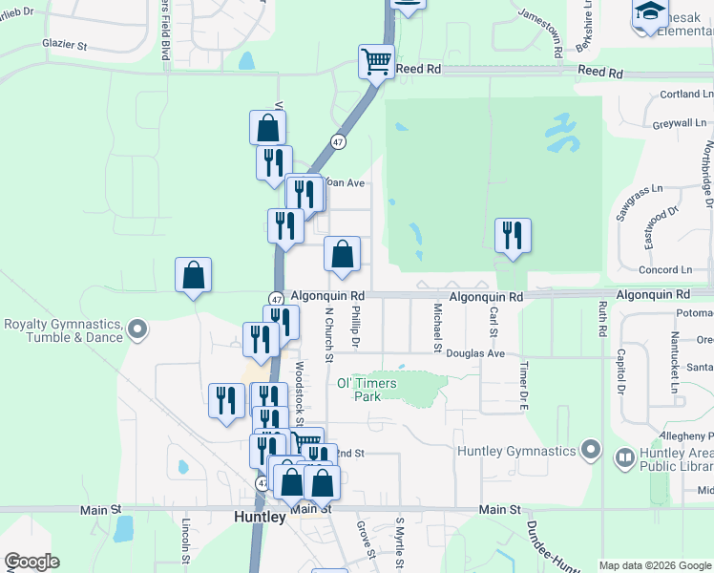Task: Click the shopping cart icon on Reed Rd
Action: click(376, 62)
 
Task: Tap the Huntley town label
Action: click(260, 517)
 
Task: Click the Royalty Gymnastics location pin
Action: click(137, 330)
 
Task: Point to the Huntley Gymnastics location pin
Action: click(591, 449)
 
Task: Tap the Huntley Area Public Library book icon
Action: click(624, 458)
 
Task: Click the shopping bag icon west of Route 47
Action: click(194, 275)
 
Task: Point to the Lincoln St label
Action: click(187, 541)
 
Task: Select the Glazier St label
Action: click(65, 45)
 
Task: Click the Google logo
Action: click(31, 562)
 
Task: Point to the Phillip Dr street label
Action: click(355, 327)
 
